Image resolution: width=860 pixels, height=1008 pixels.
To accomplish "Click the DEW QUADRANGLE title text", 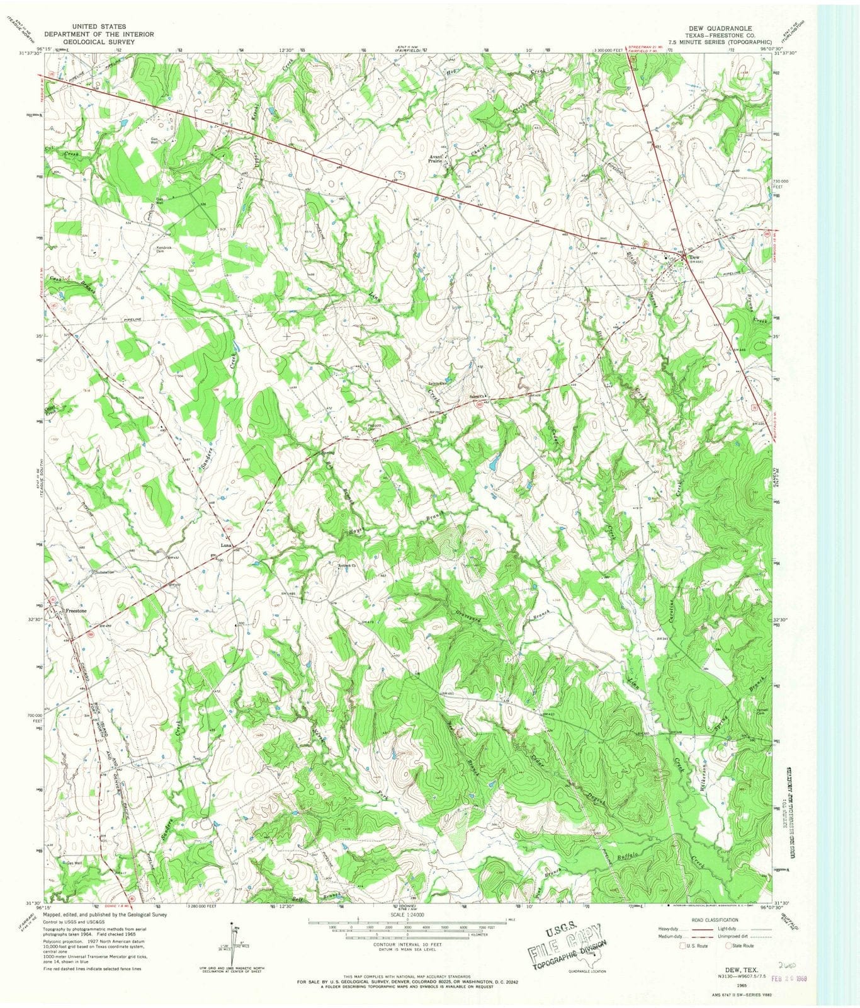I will [x=713, y=28].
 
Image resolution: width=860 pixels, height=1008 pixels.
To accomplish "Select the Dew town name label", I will [x=694, y=258].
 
